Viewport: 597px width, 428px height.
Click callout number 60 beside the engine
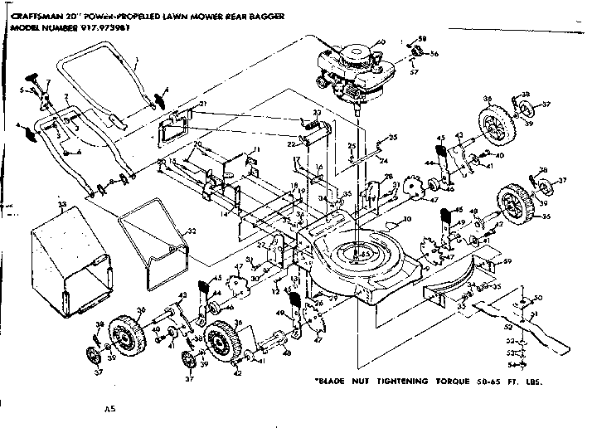point(381,42)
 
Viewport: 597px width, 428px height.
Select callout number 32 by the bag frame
point(192,231)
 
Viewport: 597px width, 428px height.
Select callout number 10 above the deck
point(407,221)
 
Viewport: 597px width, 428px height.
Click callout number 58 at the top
point(422,39)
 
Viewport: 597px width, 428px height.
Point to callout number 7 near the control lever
point(48,83)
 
